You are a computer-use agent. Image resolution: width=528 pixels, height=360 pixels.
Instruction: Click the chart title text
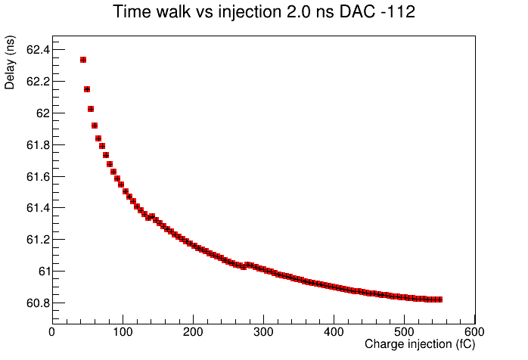point(264,12)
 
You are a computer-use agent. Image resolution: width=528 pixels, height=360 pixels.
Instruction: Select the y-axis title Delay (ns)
point(9,63)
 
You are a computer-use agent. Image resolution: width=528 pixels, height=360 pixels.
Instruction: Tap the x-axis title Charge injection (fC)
point(420,344)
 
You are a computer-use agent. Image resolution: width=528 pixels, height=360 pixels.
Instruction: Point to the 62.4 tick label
point(38,50)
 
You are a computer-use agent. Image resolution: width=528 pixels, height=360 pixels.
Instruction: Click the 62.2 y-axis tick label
point(38,82)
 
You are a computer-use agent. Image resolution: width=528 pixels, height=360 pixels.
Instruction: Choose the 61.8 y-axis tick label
point(38,145)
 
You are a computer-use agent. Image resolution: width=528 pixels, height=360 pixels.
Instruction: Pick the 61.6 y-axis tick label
point(38,177)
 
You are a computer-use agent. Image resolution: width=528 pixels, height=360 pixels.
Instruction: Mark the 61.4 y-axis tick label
point(38,208)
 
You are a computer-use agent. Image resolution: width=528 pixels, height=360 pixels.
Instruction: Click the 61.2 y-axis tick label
point(38,240)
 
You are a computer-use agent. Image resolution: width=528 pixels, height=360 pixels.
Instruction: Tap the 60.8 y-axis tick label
point(38,303)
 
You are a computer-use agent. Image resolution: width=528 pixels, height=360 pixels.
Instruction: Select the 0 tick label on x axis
point(52,332)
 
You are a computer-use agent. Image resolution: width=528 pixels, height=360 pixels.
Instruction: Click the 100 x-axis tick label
point(123,332)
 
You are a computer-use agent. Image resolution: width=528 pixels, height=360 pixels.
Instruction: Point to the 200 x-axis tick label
point(193,332)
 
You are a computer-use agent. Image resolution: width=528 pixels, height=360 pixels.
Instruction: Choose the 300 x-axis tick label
point(263,332)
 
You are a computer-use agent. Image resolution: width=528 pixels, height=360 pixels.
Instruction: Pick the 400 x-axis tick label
point(334,332)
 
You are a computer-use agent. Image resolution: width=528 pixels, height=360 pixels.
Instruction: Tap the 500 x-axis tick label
point(404,332)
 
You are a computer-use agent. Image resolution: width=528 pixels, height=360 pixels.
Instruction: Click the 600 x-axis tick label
point(474,332)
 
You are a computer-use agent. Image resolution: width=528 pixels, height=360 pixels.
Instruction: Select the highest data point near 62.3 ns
point(83,60)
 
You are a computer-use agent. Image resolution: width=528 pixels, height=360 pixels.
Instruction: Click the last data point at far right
point(439,299)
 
